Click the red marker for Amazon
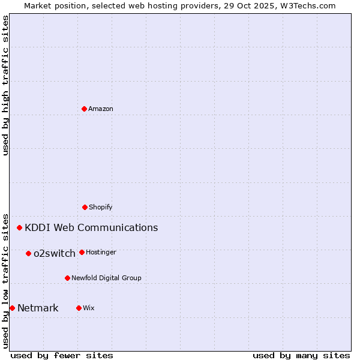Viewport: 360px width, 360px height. coord(84,109)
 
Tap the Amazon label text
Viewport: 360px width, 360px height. coord(101,109)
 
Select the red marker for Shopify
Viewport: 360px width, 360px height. coord(85,207)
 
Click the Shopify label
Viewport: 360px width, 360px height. coord(101,207)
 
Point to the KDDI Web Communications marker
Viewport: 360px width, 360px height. coord(20,227)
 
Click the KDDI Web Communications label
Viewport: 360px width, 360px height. coord(91,227)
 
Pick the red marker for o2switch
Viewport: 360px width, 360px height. coord(28,253)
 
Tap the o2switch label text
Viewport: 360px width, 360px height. coord(55,253)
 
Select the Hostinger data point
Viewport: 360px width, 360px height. coord(82,252)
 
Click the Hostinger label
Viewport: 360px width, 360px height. coord(101,252)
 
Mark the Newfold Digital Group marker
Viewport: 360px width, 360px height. coord(67,278)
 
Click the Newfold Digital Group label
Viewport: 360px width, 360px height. coord(106,278)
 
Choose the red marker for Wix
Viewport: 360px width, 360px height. coord(79,308)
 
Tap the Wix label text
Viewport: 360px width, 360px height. coord(89,308)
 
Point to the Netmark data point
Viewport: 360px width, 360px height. coord(12,308)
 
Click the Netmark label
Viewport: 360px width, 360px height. coord(38,308)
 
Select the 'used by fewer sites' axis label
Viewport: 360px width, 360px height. coord(62,355)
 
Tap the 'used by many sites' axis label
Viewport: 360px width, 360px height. coord(301,355)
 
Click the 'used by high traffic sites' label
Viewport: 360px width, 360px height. coord(5,85)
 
